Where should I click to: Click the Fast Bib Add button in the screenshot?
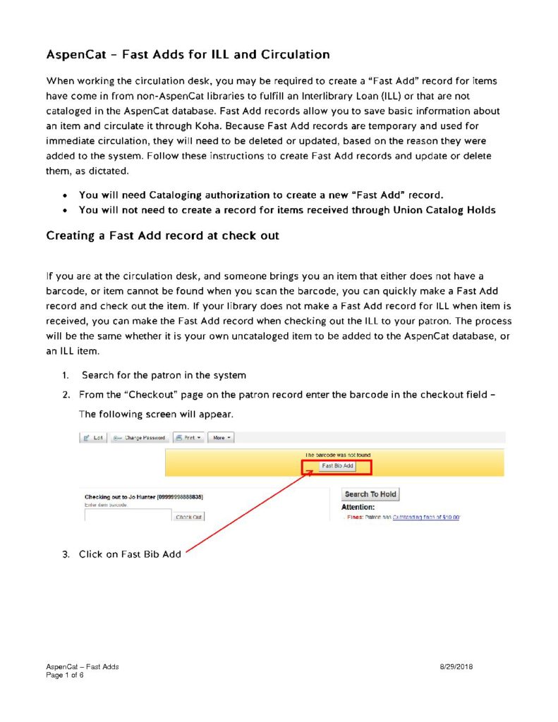click(337, 466)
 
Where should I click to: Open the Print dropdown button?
click(188, 438)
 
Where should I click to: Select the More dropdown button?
click(222, 438)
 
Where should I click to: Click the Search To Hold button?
click(370, 494)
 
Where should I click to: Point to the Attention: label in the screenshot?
click(358, 507)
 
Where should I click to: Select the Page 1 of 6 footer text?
click(65, 674)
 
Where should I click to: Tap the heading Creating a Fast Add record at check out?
click(162, 235)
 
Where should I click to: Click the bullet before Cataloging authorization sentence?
click(66, 195)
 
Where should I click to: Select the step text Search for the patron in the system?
click(164, 376)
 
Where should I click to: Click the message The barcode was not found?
click(337, 455)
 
